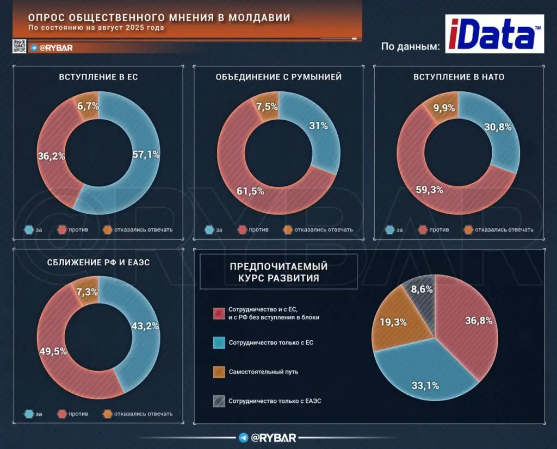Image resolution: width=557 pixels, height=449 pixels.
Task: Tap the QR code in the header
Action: pos(19,47)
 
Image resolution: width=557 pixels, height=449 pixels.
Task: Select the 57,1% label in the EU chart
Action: pos(146,154)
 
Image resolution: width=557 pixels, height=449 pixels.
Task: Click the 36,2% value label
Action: pos(51,156)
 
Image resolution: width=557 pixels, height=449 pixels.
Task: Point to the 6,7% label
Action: pos(88,106)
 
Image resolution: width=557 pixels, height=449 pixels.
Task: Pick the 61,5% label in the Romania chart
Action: pos(250,190)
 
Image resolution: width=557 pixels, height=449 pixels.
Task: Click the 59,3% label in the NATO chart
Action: pos(430,190)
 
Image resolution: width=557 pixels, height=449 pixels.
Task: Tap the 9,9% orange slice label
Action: pos(444,108)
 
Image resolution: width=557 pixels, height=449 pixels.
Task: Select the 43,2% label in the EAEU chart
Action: pos(145,326)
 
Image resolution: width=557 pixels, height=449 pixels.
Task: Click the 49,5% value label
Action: pos(53,351)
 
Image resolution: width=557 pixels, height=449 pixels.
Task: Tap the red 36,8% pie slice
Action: pos(468,326)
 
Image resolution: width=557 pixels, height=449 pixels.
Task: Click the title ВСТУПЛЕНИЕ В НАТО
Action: pos(459,77)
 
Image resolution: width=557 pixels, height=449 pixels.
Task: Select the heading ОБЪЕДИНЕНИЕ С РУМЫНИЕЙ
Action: pos(278,77)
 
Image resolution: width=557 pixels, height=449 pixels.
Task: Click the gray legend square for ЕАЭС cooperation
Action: pos(218,401)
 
